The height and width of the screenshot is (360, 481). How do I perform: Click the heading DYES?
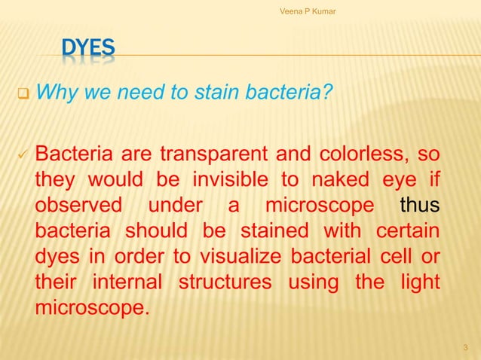(88, 50)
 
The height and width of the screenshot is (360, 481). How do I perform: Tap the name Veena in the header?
(291, 9)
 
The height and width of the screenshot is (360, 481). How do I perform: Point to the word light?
(421, 282)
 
